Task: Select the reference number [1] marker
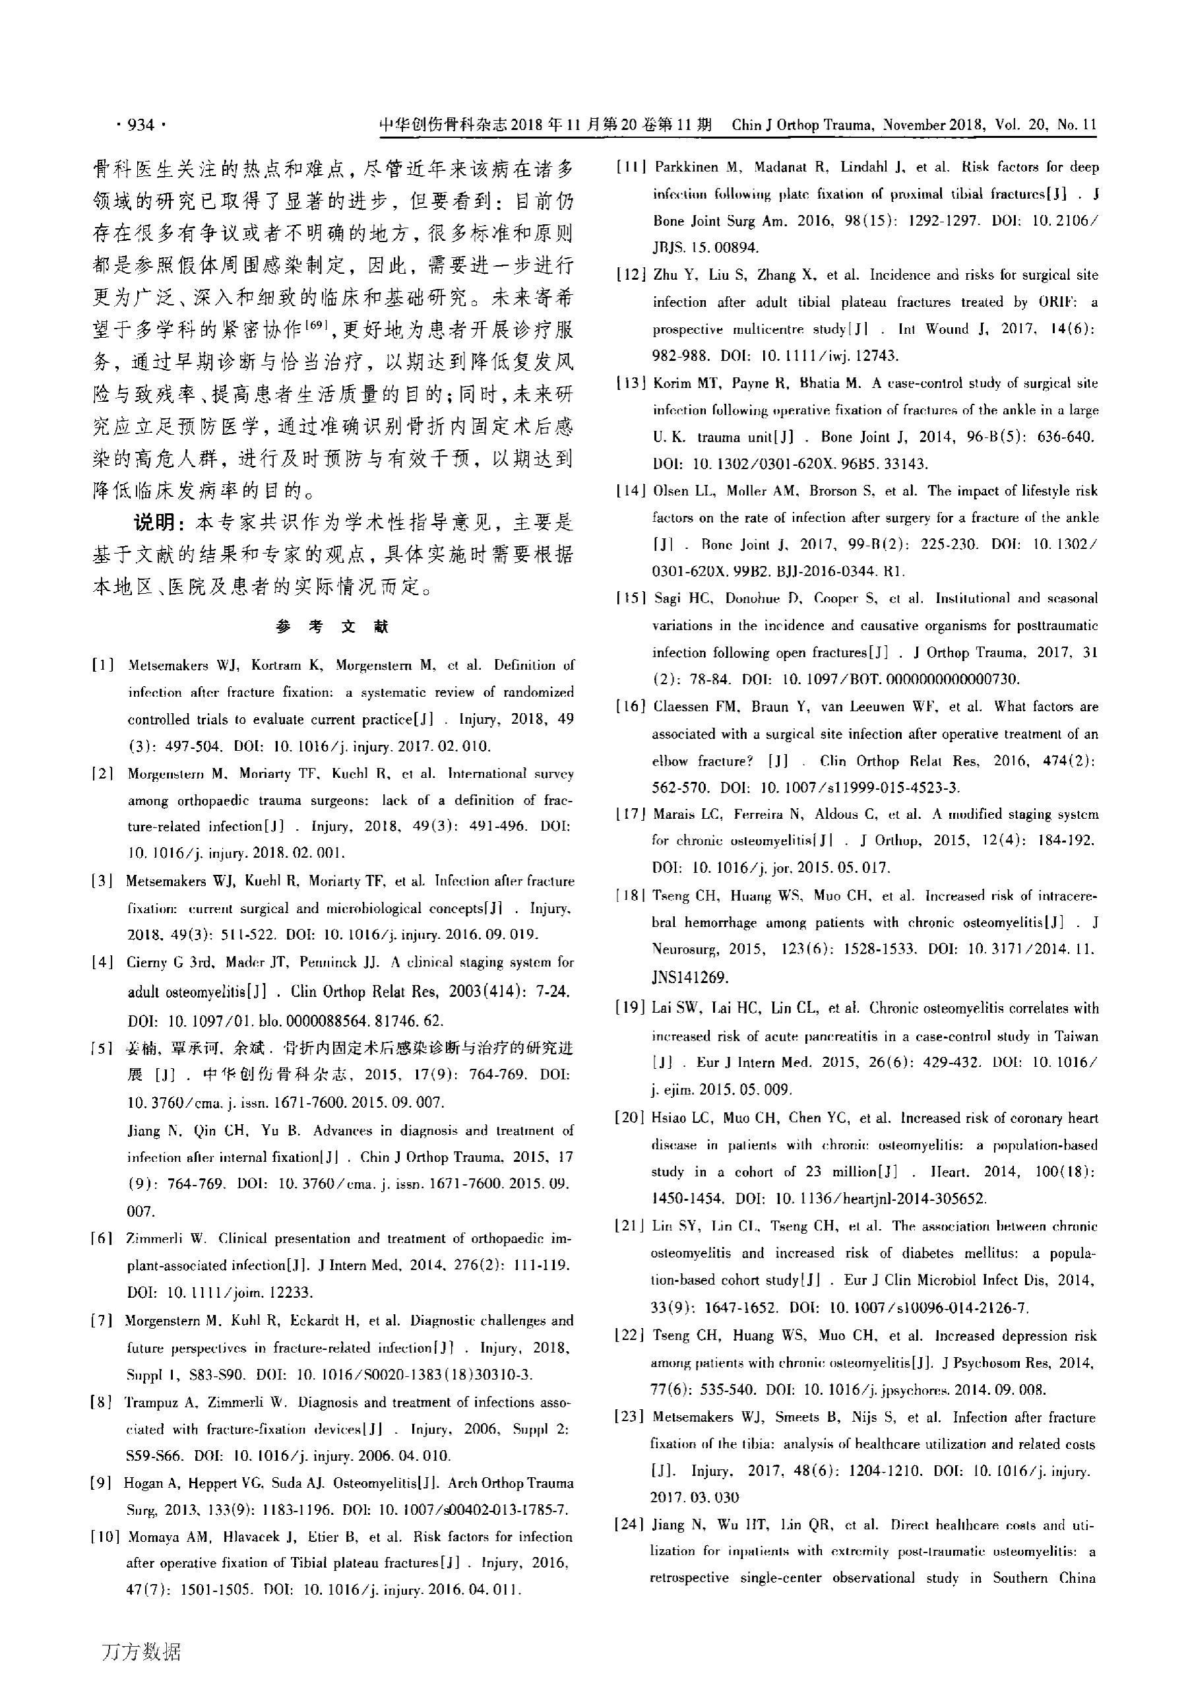coord(103,666)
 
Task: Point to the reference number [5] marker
coord(103,1048)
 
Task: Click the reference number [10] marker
coord(106,1537)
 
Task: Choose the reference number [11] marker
coord(632,167)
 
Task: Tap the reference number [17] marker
coord(631,814)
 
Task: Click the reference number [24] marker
coord(629,1525)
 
